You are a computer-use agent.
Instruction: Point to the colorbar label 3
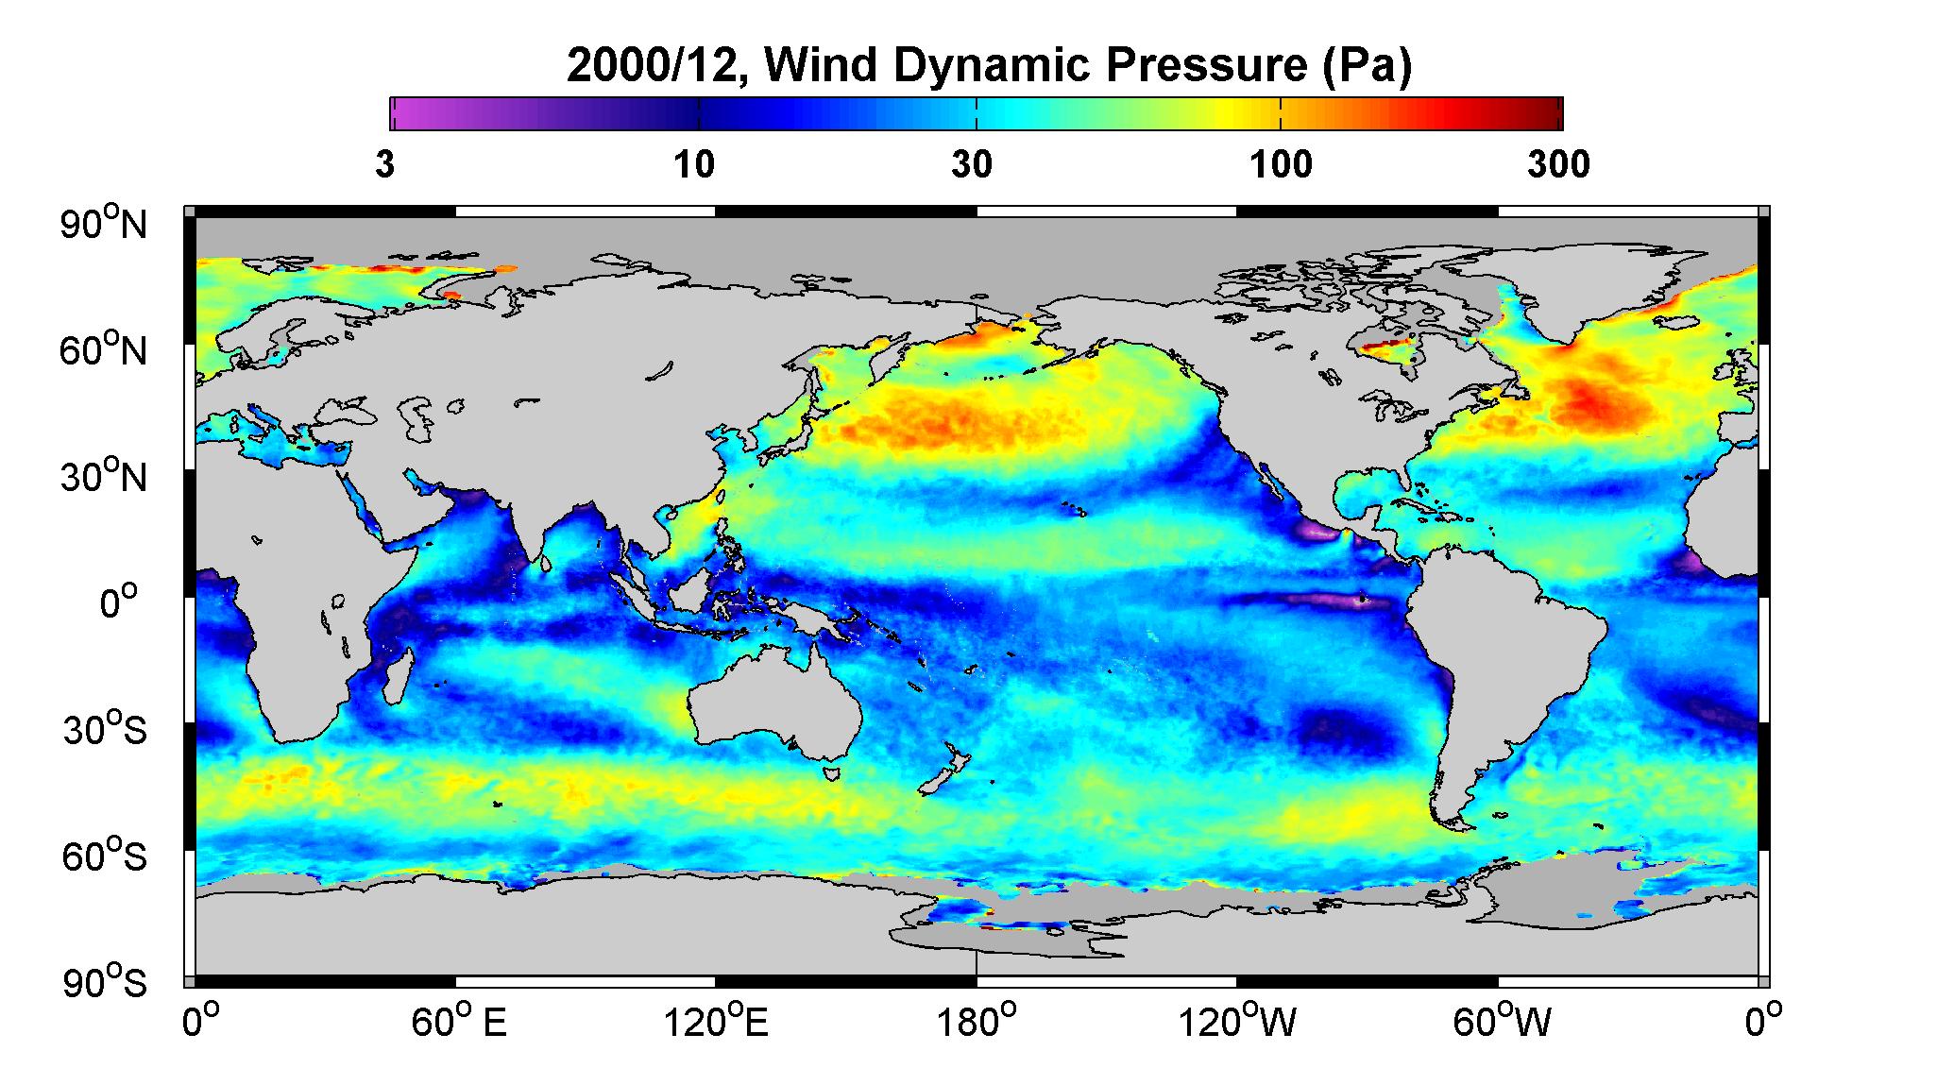384,165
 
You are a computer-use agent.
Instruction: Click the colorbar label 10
694,165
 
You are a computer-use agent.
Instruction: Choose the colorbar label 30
972,165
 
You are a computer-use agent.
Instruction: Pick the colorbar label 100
1282,165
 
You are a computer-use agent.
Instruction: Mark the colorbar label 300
1558,165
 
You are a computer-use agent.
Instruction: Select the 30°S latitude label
104,730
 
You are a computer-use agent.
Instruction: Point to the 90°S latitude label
104,983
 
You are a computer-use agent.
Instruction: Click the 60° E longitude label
458,1022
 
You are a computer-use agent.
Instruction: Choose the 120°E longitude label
717,1022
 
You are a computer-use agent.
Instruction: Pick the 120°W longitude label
1237,1022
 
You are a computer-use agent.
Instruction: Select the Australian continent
774,704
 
